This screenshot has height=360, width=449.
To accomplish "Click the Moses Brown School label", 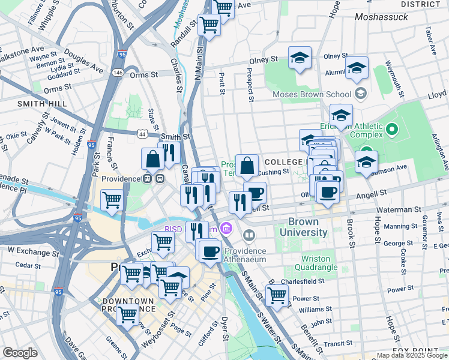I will (x=312, y=94).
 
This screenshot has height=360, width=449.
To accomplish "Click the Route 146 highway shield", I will (x=118, y=73).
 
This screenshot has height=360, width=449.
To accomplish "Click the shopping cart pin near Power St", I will (x=277, y=295).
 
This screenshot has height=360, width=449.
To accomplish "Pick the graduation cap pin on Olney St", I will (x=300, y=58).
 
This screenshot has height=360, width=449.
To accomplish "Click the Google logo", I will (x=20, y=353).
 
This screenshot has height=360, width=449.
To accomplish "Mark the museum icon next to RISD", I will (x=226, y=228).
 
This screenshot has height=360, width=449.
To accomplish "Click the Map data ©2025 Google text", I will (x=412, y=355).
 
